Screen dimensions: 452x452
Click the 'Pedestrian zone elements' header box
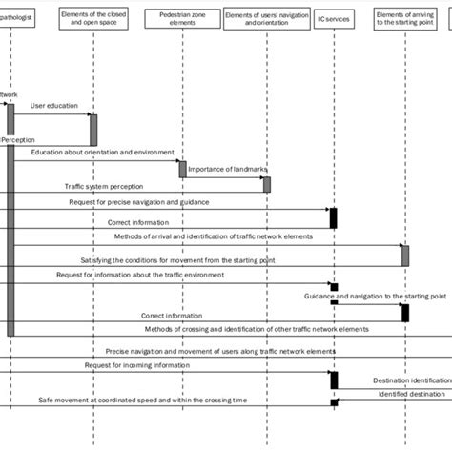click(181, 18)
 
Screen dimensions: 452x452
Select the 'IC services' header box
click(334, 18)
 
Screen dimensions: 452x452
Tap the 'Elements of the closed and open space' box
click(92, 18)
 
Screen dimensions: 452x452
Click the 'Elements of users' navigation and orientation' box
click(266, 18)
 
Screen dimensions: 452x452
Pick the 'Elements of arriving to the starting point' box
click(406, 18)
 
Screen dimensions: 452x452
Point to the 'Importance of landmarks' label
click(227, 169)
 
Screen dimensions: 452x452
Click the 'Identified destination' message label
click(411, 393)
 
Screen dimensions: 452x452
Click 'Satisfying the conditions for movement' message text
click(162, 259)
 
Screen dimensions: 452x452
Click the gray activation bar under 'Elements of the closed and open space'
click(93, 129)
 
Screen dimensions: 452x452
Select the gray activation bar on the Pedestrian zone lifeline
click(181, 169)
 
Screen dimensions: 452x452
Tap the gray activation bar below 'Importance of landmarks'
click(267, 184)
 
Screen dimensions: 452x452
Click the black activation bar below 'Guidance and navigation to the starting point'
click(405, 312)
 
